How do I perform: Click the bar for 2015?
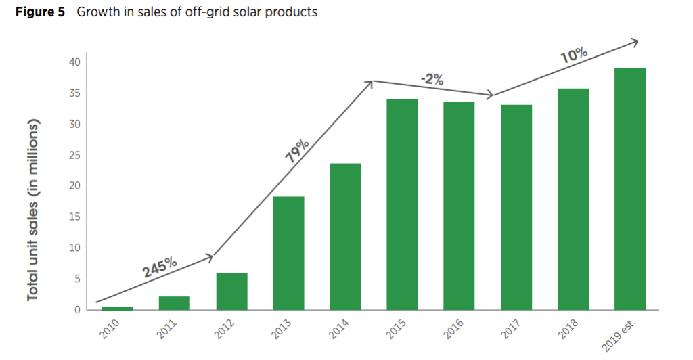coord(402,204)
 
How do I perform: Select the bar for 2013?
coord(288,253)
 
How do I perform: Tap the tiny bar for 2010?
coord(118,308)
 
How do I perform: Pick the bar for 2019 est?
coord(629,189)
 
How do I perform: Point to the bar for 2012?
coord(231,291)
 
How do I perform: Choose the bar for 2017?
coord(516,207)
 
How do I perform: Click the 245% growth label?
coord(160,267)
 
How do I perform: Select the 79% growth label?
coord(298,151)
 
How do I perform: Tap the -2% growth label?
coord(432,79)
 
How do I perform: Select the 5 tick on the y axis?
coord(77,279)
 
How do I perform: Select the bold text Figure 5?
coord(39,12)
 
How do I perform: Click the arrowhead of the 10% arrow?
coord(635,43)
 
